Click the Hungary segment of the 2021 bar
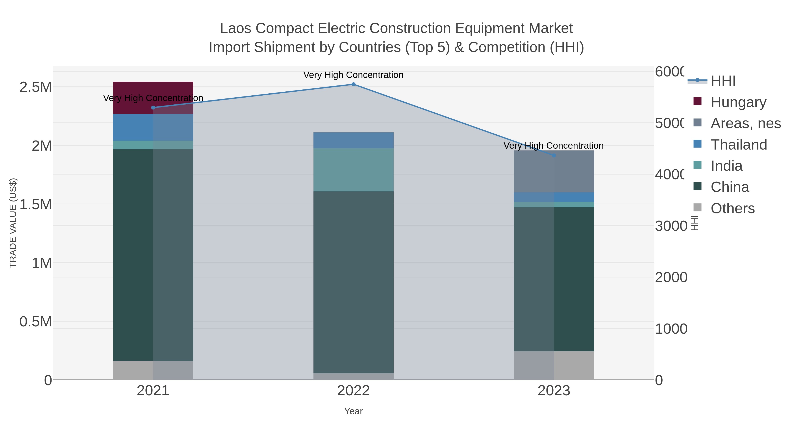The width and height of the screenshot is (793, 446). [x=153, y=92]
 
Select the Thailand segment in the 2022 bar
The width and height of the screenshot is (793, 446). [x=353, y=140]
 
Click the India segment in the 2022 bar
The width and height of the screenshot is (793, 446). [x=353, y=170]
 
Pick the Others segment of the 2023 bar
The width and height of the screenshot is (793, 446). [x=554, y=365]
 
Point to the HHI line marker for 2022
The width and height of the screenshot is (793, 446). [x=353, y=84]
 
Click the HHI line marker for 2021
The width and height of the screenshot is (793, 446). [x=153, y=107]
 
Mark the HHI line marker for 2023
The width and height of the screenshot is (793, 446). [x=554, y=155]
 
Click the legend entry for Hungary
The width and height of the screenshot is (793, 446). [x=738, y=102]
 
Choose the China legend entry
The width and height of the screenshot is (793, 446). [x=730, y=187]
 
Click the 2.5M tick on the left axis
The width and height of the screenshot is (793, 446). [x=35, y=87]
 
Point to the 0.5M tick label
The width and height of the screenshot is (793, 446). [x=35, y=322]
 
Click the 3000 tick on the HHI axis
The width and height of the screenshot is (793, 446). [x=671, y=226]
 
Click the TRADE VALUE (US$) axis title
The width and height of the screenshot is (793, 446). [x=13, y=223]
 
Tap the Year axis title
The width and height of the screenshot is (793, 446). [x=353, y=411]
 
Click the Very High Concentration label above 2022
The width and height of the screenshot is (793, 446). [x=353, y=75]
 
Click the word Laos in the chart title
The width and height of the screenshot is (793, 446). [x=235, y=28]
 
